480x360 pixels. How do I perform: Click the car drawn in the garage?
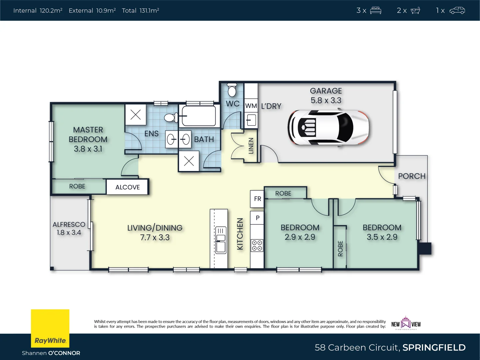point(328,128)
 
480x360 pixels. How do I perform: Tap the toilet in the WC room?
point(232,89)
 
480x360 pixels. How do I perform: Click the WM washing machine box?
point(251,106)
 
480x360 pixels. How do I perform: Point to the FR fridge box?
point(257,199)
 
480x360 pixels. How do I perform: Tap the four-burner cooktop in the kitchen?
point(257,245)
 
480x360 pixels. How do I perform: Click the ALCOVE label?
point(127,187)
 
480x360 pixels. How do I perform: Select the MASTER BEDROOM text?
point(88,134)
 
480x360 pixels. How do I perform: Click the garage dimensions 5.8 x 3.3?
point(326,100)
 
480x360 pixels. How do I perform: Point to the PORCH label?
point(412,176)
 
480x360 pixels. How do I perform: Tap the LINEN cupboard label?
point(251,146)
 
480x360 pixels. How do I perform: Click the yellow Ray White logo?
point(50,328)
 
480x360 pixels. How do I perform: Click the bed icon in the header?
point(375,11)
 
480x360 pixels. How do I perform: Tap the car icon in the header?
point(457,11)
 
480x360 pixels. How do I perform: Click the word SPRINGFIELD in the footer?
point(434,347)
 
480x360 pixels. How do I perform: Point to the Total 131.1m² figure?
point(140,11)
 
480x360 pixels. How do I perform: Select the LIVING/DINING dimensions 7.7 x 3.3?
point(155,238)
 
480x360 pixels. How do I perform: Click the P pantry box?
point(257,218)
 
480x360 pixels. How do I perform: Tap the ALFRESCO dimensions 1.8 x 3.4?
point(69,233)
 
